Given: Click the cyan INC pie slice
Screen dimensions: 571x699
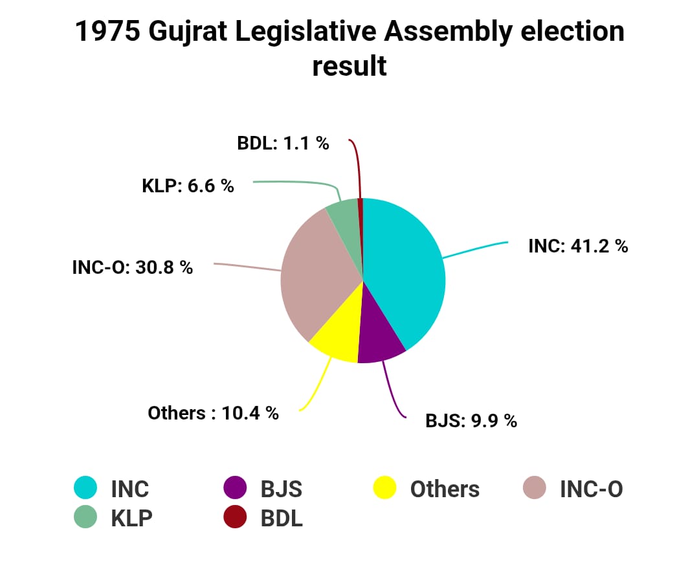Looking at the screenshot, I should point(405,272).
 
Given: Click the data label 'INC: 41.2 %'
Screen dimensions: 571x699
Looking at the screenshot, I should point(578,246).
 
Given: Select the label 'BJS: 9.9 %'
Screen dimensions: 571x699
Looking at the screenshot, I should point(471,421).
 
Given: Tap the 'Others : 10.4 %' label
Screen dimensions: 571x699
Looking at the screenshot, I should point(213,413).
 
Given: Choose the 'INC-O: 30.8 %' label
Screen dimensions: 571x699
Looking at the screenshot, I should point(133,267).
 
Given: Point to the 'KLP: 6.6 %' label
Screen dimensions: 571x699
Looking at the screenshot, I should point(188,186).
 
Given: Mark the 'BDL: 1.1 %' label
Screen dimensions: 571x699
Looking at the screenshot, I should point(283,144).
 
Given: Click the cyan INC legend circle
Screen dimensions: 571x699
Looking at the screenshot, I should point(85,488).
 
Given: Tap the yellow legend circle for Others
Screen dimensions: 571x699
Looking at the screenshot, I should point(385,488).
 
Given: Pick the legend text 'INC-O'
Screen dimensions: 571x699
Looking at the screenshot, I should point(591,489).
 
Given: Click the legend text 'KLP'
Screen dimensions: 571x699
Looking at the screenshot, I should point(132,518).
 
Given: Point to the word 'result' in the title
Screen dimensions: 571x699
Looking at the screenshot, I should point(349,66).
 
